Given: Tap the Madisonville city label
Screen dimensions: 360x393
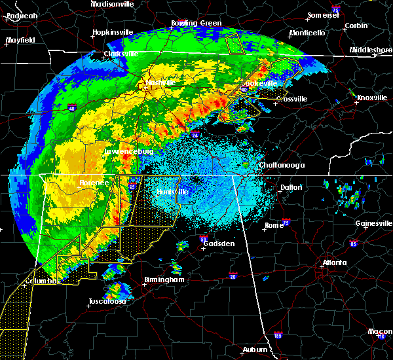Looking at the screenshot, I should click(x=112, y=4).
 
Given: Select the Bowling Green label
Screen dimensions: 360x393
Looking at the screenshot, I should click(x=178, y=23).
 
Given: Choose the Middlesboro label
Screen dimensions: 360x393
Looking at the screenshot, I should click(x=370, y=50).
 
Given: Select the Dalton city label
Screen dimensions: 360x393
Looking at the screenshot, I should click(x=291, y=187).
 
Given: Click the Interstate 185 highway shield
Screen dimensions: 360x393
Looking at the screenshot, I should click(x=278, y=336).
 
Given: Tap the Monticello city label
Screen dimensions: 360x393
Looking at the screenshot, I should click(x=307, y=33).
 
